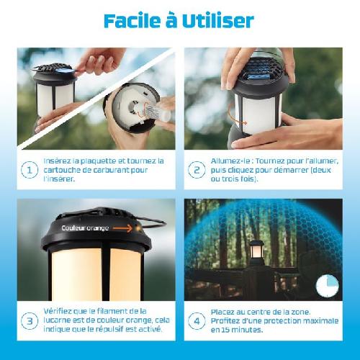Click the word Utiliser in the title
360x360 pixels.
pyautogui.click(x=220, y=20)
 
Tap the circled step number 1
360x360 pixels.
pyautogui.click(x=30, y=170)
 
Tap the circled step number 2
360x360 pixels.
pyautogui.click(x=196, y=170)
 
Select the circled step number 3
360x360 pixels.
pyautogui.click(x=30, y=320)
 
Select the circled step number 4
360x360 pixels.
pyautogui.click(x=196, y=320)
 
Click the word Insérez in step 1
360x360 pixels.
pyautogui.click(x=59, y=161)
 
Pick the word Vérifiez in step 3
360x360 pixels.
pyautogui.click(x=58, y=310)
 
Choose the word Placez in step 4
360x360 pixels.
pyautogui.click(x=222, y=310)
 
